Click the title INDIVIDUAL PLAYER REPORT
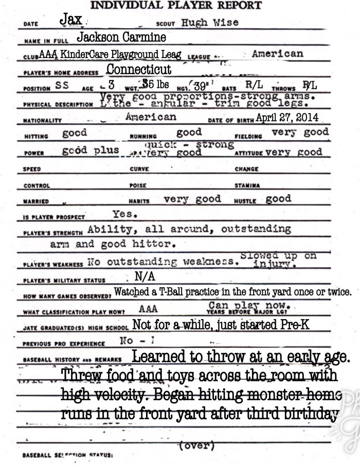[x=175, y=6]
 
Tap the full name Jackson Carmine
[x=121, y=38]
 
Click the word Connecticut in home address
[x=139, y=69]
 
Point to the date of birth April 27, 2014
[x=286, y=117]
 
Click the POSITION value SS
[x=62, y=86]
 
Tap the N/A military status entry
[x=145, y=276]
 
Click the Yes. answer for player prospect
[x=123, y=214]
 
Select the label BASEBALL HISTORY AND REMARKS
[x=71, y=359]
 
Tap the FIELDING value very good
[x=300, y=133]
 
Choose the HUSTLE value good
[x=278, y=198]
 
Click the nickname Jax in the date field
[x=70, y=20]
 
